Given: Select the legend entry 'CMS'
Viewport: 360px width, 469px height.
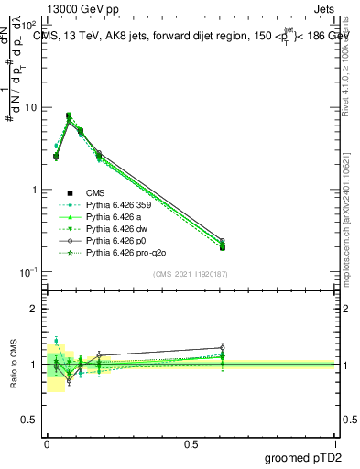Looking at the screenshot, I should (x=97, y=192).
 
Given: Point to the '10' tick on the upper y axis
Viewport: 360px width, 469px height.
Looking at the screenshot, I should (x=30, y=108).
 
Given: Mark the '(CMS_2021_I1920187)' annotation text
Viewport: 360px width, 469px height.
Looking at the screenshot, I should (x=191, y=273).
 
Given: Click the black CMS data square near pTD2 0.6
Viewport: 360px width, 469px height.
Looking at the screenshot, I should (x=223, y=246).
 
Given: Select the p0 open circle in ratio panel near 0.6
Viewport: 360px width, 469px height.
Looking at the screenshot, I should (x=223, y=348).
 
